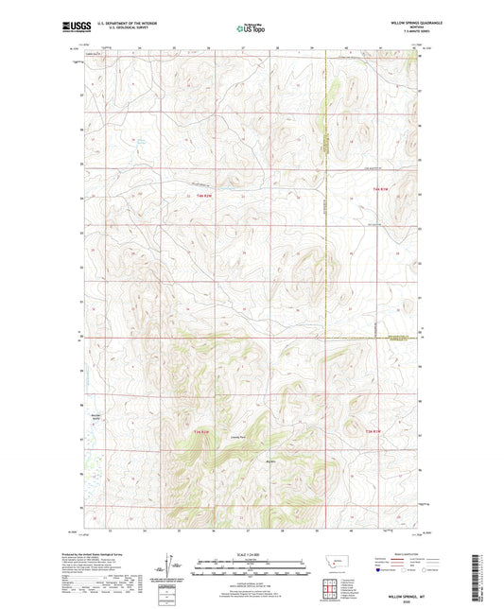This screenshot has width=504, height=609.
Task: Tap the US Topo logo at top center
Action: pos(251,29)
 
